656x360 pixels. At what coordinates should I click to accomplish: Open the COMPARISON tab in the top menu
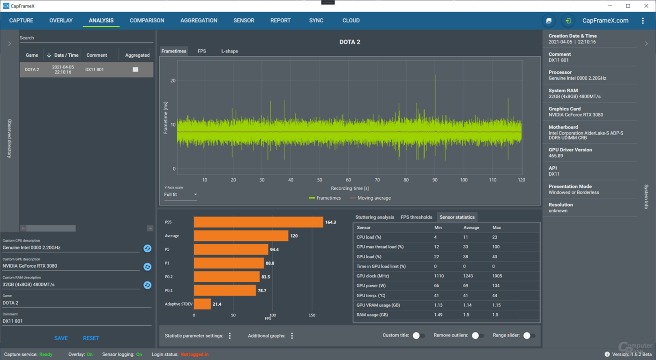pyautogui.click(x=147, y=21)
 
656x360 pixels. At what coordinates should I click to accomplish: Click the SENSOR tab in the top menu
pyautogui.click(x=244, y=21)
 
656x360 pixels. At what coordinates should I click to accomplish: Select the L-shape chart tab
pyautogui.click(x=230, y=51)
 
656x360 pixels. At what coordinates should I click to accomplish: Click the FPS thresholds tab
pyautogui.click(x=416, y=217)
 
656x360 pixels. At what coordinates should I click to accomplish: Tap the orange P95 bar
pyautogui.click(x=258, y=222)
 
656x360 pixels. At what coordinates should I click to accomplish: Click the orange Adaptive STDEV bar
pyautogui.click(x=202, y=304)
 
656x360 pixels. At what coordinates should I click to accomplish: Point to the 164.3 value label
pyautogui.click(x=330, y=222)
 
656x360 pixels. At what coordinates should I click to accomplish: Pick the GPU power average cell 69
pyautogui.click(x=466, y=286)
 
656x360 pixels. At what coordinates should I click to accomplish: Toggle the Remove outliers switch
pyautogui.click(x=477, y=336)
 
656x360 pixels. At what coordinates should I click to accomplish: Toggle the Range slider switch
pyautogui.click(x=529, y=336)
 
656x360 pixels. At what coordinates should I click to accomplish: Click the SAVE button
pyautogui.click(x=61, y=338)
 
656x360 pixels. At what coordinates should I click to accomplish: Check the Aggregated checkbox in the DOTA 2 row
pyautogui.click(x=135, y=69)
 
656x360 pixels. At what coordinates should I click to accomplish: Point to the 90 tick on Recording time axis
pyautogui.click(x=435, y=180)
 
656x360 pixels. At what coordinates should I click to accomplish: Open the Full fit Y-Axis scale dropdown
pyautogui.click(x=180, y=195)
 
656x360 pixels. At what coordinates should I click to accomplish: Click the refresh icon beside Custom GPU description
pyautogui.click(x=147, y=267)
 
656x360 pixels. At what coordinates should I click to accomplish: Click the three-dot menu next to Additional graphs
pyautogui.click(x=292, y=336)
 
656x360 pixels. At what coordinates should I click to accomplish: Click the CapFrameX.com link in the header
pyautogui.click(x=605, y=21)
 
